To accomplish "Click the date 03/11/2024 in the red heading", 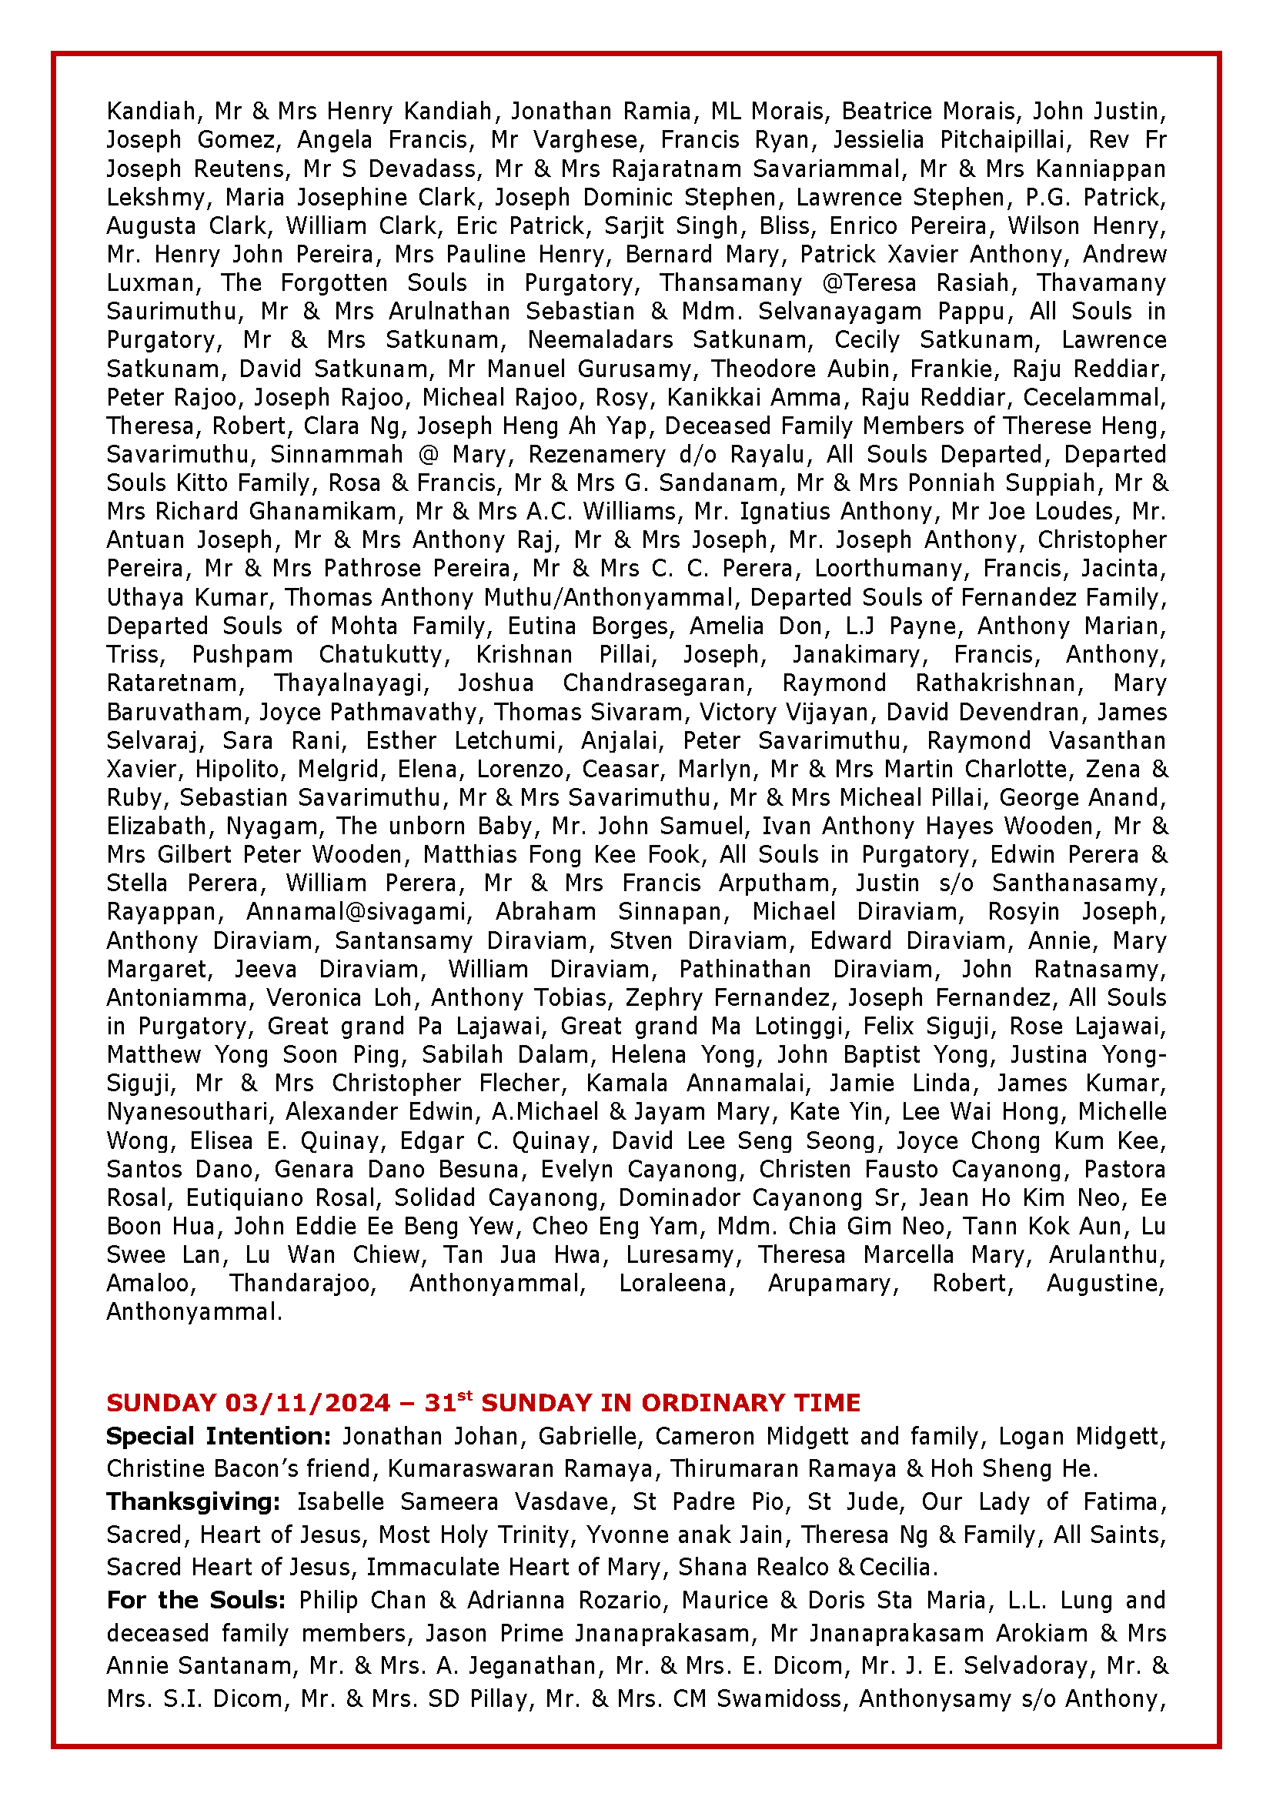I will coord(307,1403).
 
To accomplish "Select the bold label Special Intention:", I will coord(219,1436).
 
